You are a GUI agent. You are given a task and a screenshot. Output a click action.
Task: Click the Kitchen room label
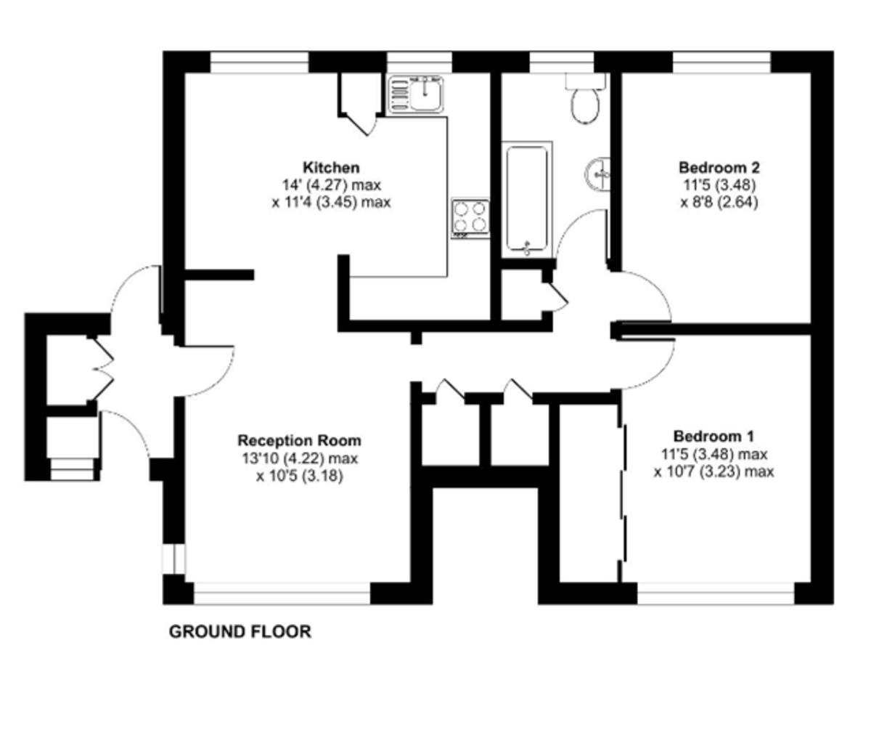pos(331,167)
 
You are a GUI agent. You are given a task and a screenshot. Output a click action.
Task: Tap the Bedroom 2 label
pos(719,167)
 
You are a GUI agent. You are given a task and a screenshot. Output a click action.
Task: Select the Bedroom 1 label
pos(713,436)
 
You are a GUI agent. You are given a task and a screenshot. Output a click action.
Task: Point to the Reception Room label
pos(300,440)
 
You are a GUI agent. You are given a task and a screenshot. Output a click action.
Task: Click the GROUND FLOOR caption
pos(240,631)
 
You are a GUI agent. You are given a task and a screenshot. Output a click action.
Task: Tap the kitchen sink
pos(416,94)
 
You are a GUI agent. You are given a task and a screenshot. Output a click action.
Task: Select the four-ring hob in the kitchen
pos(470,218)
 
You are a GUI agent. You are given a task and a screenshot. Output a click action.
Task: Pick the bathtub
pos(527,200)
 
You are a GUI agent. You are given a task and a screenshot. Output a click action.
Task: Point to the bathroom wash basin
pos(597,174)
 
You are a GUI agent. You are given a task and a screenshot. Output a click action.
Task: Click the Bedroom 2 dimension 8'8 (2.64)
pos(719,203)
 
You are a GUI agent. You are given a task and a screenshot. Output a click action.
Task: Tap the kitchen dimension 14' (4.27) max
pos(331,185)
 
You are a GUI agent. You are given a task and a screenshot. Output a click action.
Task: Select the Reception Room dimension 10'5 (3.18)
pos(300,476)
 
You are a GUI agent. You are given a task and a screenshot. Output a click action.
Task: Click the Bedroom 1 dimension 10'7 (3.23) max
pos(713,471)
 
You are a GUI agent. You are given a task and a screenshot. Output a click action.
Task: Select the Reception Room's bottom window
pos(282,593)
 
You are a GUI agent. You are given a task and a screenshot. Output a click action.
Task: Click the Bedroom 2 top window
pos(721,62)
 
